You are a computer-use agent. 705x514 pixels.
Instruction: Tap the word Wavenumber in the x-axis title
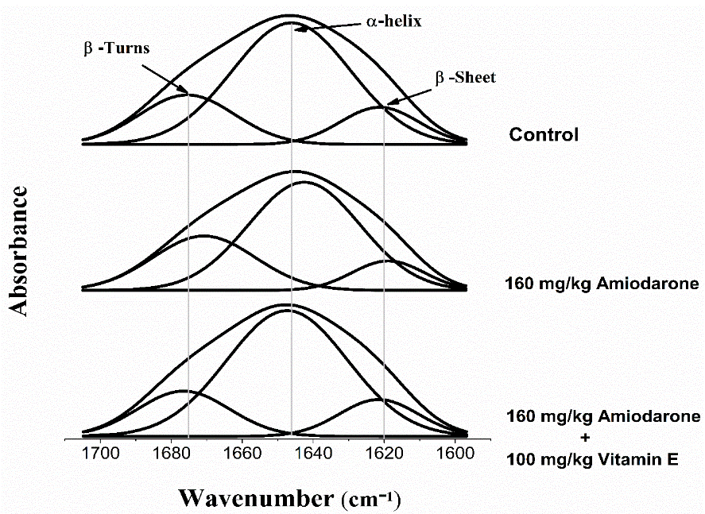247,499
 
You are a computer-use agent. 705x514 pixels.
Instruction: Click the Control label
544,134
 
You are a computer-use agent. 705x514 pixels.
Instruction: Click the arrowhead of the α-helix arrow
296,29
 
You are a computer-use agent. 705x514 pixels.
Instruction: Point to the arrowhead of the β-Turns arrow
187,92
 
